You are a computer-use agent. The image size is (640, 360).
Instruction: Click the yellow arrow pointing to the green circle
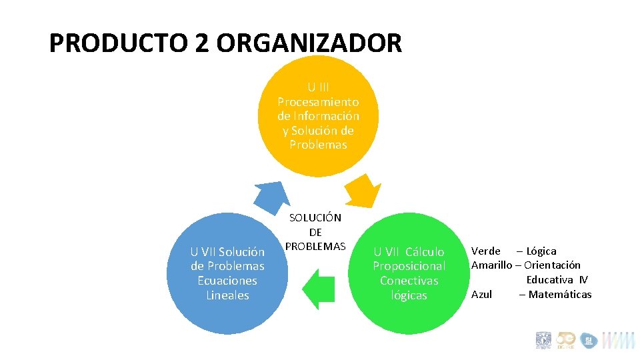click(363, 190)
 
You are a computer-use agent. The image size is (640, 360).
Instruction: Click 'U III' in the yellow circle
click(318, 87)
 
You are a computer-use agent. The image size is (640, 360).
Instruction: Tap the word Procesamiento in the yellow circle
click(318, 102)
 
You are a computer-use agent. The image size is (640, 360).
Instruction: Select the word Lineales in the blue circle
click(227, 295)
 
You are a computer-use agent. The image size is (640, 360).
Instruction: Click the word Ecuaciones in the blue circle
click(227, 281)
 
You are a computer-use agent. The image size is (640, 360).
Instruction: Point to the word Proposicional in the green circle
click(409, 266)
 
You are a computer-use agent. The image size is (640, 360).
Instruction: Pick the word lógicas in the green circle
click(409, 295)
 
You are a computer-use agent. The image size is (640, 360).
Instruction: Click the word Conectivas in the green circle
click(409, 281)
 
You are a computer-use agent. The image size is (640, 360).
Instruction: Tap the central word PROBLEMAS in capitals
click(315, 246)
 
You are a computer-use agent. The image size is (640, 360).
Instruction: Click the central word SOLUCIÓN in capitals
click(315, 217)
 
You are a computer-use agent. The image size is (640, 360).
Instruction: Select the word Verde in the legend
click(486, 251)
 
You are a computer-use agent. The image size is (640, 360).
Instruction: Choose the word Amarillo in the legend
click(492, 265)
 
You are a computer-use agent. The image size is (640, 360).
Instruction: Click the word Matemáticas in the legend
click(559, 294)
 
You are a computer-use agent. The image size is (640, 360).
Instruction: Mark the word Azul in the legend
click(481, 294)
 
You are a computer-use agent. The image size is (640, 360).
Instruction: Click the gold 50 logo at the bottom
click(565, 340)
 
